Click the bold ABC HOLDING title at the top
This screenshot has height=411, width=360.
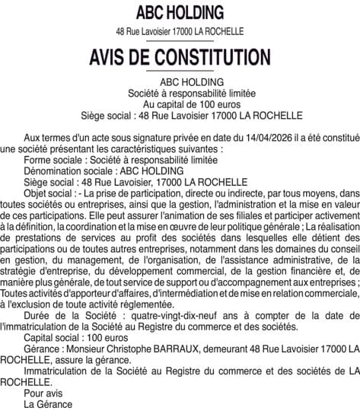click(180, 12)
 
